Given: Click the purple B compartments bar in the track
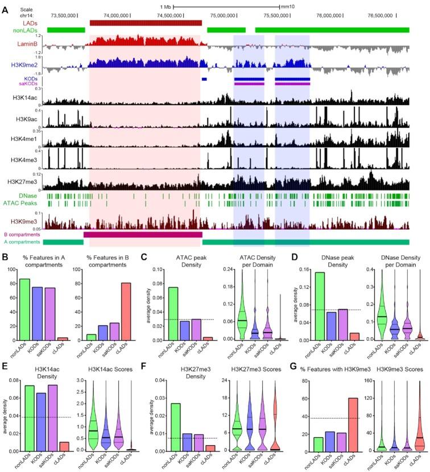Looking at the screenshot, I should coord(143,234).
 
